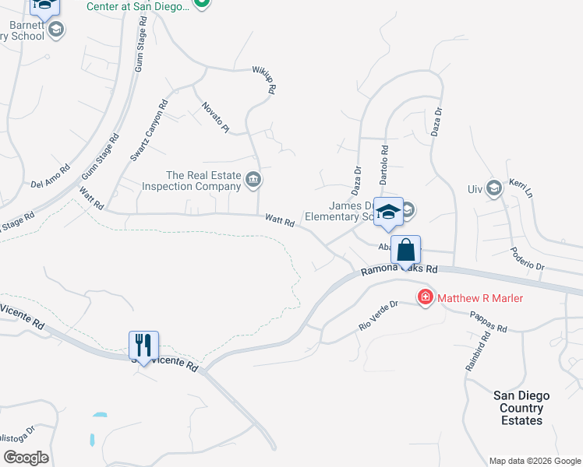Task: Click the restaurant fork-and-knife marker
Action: tap(143, 345)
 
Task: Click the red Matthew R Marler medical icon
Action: tap(425, 297)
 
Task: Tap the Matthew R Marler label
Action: tap(479, 298)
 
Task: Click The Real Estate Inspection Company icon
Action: tap(253, 181)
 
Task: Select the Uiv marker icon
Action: tap(493, 188)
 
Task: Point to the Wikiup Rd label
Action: tap(263, 79)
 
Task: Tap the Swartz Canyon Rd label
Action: tap(149, 130)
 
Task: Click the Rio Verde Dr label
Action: tap(378, 315)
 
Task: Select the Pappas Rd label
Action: tap(489, 322)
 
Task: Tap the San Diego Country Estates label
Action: tap(521, 408)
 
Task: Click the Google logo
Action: tap(25, 458)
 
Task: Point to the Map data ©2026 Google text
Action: tap(535, 461)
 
